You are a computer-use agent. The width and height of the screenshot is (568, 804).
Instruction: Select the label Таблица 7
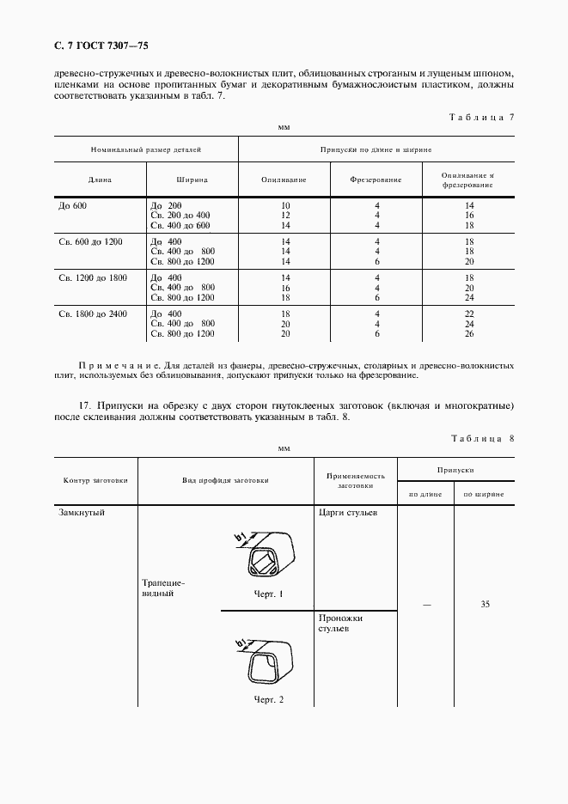click(481, 116)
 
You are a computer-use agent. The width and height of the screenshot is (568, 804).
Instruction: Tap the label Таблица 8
click(481, 438)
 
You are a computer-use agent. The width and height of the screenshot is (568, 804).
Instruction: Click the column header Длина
click(100, 180)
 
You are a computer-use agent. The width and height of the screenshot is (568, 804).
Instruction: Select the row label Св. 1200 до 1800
click(93, 277)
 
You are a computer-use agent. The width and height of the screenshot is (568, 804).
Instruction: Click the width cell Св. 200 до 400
click(180, 216)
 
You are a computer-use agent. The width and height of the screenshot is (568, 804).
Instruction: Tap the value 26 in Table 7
click(470, 333)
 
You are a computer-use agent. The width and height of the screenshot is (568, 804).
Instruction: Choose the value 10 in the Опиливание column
click(285, 206)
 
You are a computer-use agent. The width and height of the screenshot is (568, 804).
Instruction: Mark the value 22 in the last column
click(470, 314)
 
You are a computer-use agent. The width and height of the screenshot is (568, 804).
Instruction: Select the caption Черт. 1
click(268, 594)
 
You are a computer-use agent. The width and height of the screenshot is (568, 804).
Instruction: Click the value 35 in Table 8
click(485, 605)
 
